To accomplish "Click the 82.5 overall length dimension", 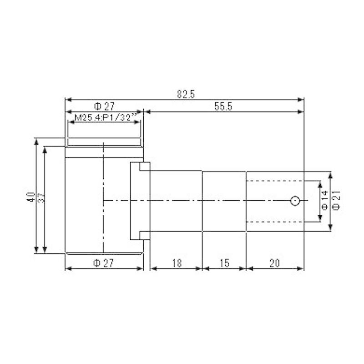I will click(186, 94).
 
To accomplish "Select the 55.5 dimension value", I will click(223, 106).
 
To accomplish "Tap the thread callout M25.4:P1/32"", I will click(103, 117).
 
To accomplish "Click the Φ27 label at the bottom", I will click(104, 263).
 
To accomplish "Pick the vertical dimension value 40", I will click(31, 197).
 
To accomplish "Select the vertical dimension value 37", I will click(40, 197).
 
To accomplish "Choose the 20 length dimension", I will click(274, 263).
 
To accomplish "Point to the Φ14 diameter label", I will click(325, 200).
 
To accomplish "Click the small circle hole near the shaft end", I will click(295, 201).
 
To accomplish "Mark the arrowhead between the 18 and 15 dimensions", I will click(202, 268).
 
